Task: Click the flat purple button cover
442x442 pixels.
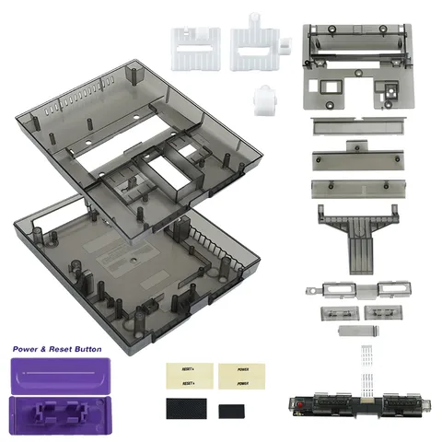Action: (61, 376)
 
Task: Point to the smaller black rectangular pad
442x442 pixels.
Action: (231, 409)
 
